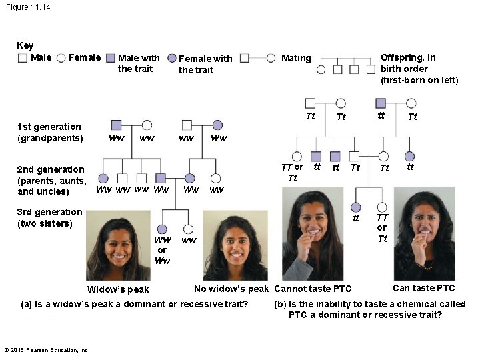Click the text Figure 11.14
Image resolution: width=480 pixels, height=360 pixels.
pos(27,7)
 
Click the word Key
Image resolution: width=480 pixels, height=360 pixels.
pos(25,45)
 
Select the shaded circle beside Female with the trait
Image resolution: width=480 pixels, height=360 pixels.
pos(171,58)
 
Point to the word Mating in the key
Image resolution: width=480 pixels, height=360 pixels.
pos(296,58)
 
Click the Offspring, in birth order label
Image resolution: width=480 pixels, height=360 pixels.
pos(419,69)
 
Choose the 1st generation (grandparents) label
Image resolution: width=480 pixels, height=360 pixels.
pos(49,132)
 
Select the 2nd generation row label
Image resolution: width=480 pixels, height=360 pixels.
pos(51,180)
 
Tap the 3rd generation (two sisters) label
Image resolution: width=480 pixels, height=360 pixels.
pos(49,217)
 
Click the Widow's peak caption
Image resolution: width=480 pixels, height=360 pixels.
pos(118,289)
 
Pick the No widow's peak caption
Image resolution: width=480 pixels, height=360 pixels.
pos(231,289)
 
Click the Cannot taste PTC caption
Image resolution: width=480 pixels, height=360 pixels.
pos(313,289)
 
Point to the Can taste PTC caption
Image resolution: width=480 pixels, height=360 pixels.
pos(423,288)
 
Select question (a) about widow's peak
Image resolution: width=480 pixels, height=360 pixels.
pos(135,304)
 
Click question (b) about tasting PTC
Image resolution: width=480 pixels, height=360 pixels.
pos(370,309)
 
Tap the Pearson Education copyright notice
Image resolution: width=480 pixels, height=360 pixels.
pos(46,349)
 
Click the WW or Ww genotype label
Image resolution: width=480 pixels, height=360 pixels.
pos(163,250)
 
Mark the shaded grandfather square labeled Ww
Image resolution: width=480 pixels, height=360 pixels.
pos(116,125)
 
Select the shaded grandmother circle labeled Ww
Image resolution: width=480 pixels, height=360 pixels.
pos(217,125)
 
